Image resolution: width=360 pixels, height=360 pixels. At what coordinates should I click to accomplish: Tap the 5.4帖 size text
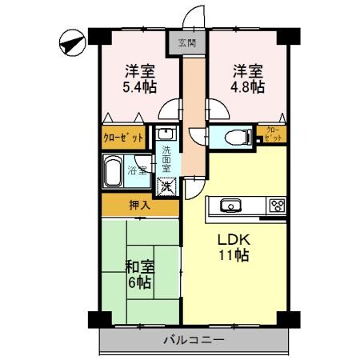point(138,86)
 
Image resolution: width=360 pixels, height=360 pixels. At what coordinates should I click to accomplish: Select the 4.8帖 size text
point(246,86)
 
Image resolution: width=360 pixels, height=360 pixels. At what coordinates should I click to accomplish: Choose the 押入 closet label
point(140,206)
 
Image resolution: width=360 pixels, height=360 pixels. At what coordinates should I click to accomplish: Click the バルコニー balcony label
point(194,340)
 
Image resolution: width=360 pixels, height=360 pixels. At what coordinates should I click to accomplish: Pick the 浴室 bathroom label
point(141,169)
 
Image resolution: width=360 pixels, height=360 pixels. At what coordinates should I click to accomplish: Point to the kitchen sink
point(230,205)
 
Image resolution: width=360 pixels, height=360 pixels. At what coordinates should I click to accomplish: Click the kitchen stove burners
point(276,205)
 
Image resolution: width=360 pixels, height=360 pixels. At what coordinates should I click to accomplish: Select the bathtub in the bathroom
point(116,170)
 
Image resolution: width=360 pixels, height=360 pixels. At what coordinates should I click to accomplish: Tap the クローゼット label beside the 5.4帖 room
point(123,137)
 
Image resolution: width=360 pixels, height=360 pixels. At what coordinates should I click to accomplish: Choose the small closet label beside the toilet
point(272,134)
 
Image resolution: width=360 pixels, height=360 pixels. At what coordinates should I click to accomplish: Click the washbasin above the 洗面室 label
point(166,134)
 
